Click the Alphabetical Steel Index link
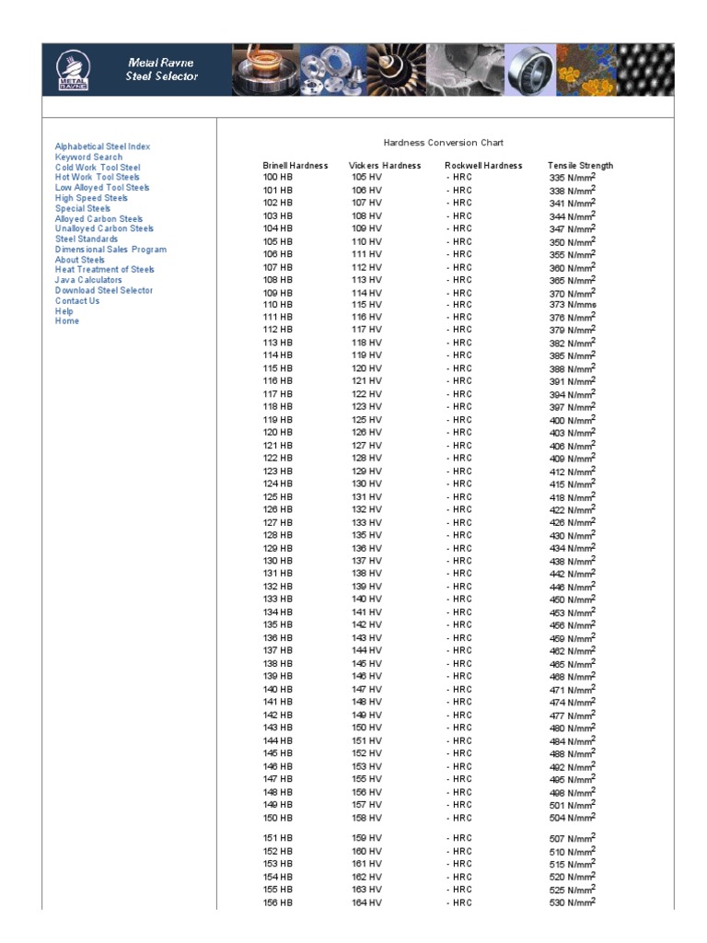[x=102, y=146]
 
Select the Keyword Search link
[x=88, y=157]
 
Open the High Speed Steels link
[x=91, y=198]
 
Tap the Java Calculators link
[x=88, y=280]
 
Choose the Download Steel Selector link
[x=104, y=290]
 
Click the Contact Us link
[x=77, y=300]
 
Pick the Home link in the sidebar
[x=67, y=321]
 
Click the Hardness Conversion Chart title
[x=444, y=143]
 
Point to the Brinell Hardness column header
[x=295, y=166]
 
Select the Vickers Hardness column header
[x=385, y=166]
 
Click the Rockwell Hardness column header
[x=483, y=166]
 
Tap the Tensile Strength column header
[x=580, y=166]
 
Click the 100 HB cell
[x=277, y=177]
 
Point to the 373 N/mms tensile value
[x=573, y=305]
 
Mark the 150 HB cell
[x=277, y=818]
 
